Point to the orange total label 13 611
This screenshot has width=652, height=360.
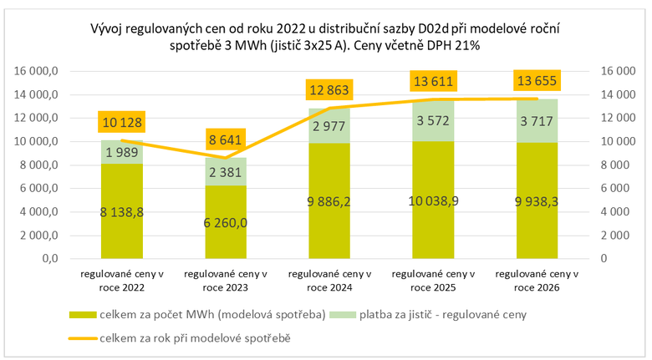(x=433, y=82)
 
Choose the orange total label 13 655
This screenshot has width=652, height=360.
(x=536, y=81)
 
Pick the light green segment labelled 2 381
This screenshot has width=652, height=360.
(x=226, y=172)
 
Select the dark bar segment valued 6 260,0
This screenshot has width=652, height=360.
(x=226, y=221)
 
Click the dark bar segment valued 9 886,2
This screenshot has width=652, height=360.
(x=329, y=200)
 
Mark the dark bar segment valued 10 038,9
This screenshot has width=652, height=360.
(x=433, y=200)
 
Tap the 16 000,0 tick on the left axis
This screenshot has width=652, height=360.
(x=37, y=72)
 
